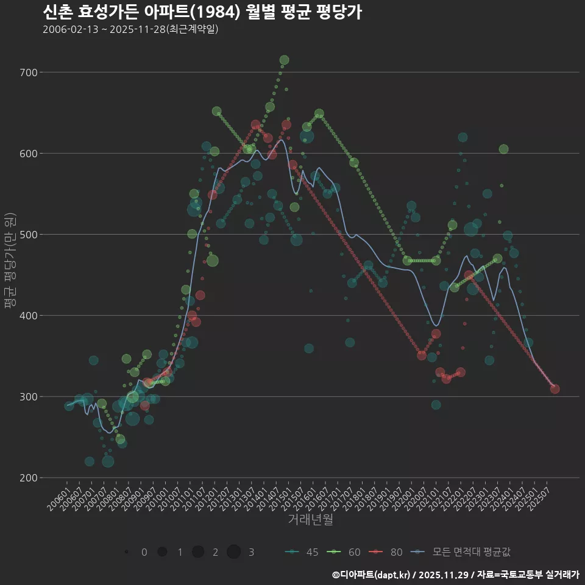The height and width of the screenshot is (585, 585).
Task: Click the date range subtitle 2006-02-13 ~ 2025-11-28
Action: pos(130,29)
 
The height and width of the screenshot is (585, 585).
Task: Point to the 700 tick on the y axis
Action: pos(29,73)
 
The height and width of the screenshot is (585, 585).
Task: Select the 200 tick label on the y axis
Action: pos(29,478)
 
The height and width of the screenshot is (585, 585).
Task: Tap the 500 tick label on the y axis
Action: pos(29,235)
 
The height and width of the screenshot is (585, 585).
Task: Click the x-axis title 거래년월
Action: pos(310,520)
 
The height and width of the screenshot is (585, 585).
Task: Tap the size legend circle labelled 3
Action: pos(234,552)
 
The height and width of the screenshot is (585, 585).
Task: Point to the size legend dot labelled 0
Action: pos(126,552)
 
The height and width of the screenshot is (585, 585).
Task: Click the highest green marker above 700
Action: pos(284,60)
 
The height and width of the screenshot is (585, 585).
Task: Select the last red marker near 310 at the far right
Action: pos(555,389)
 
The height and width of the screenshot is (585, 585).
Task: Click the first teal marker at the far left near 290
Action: pos(69,406)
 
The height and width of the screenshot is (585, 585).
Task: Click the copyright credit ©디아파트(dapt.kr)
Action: pos(372,575)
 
